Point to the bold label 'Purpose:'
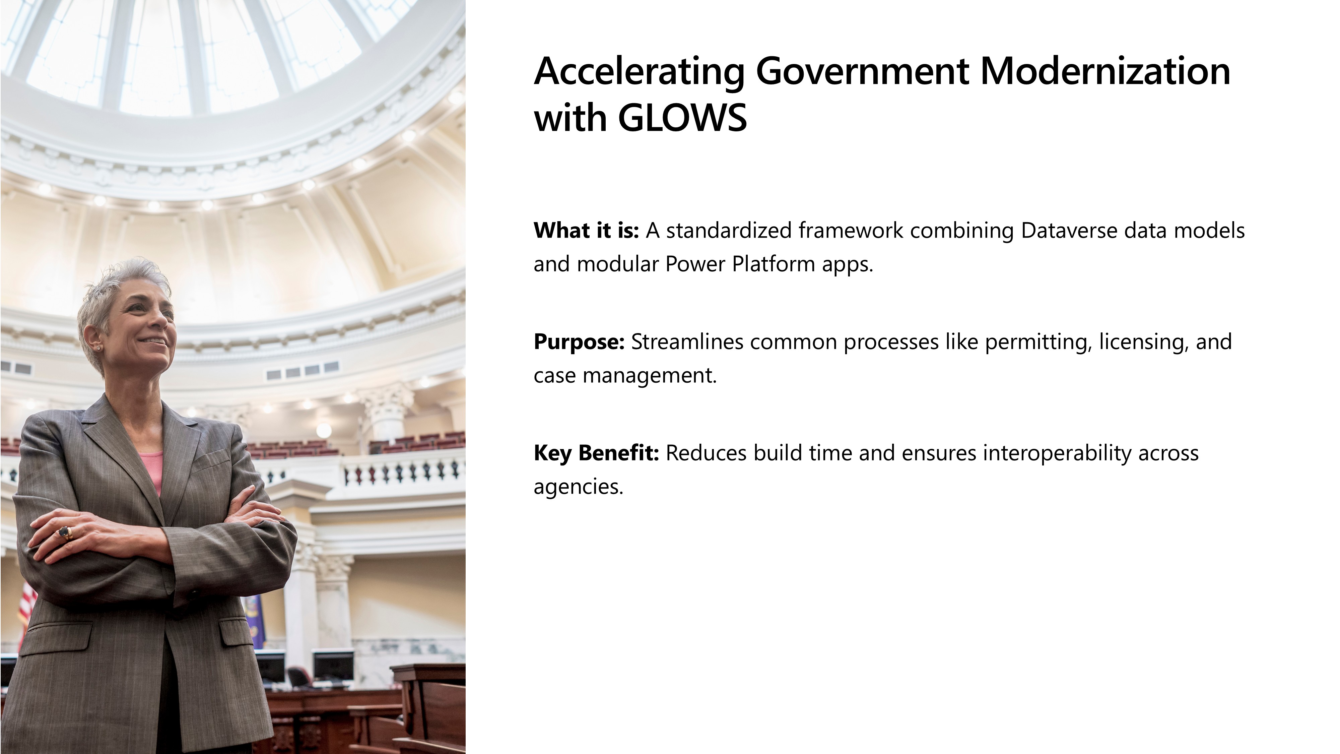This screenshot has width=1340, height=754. click(x=579, y=342)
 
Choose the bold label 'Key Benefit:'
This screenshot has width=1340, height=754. click(x=597, y=453)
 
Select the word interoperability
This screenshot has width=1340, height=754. click(x=1057, y=453)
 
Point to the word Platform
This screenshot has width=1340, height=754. click(x=774, y=264)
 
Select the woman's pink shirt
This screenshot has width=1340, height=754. click(x=151, y=471)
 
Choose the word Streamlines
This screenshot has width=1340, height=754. click(x=687, y=342)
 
